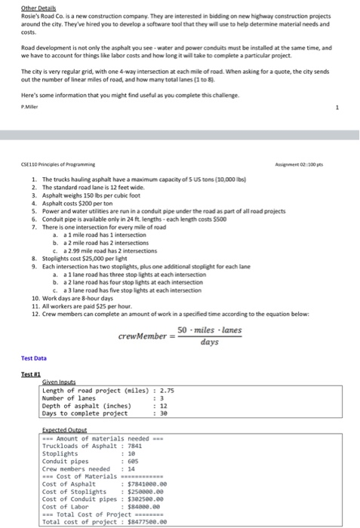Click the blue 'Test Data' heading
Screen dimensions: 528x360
(x=33, y=358)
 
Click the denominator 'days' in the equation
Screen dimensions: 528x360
(x=210, y=342)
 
